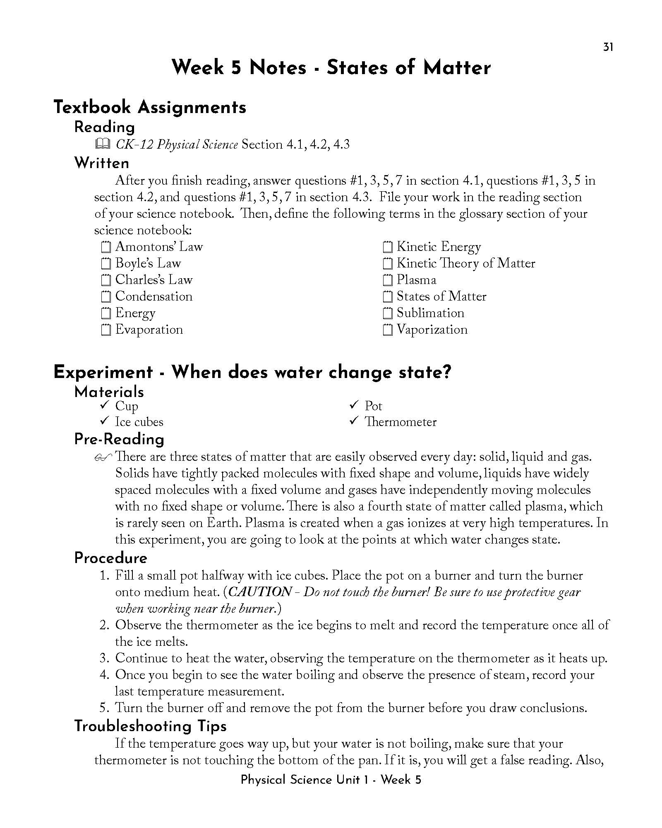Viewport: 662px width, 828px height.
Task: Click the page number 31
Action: (x=608, y=47)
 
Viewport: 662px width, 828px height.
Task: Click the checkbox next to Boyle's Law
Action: (x=106, y=264)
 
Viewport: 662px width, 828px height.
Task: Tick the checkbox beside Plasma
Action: (x=387, y=280)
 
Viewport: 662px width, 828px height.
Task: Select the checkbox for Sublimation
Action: (x=387, y=313)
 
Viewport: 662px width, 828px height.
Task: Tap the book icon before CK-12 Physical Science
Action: (x=102, y=144)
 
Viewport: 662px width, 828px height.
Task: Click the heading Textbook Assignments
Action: (x=150, y=107)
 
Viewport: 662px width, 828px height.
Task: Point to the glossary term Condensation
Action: (x=154, y=296)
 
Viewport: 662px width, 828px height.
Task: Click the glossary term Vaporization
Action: (x=432, y=330)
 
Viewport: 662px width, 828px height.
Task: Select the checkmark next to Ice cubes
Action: (x=104, y=421)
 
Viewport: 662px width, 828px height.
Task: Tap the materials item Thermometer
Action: (x=400, y=422)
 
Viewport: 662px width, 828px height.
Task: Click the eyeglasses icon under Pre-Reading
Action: (x=103, y=457)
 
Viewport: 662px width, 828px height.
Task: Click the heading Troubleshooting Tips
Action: (x=150, y=726)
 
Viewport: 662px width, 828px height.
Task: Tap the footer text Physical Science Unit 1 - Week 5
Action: (x=331, y=780)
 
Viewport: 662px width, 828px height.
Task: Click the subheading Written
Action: (x=102, y=163)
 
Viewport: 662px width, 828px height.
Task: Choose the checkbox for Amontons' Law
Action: (x=106, y=247)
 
